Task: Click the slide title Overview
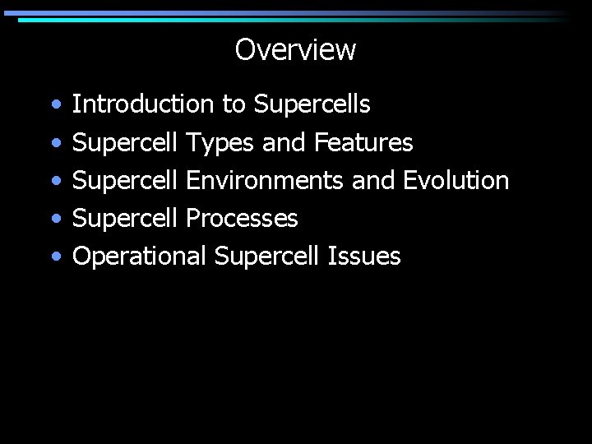(295, 50)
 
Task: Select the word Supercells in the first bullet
(312, 105)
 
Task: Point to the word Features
(363, 143)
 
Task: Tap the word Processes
(242, 218)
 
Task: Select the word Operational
(140, 257)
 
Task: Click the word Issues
(364, 256)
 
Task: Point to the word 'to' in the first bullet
(234, 105)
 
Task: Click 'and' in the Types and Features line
(284, 143)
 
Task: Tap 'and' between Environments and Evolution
(372, 180)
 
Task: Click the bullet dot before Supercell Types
(55, 144)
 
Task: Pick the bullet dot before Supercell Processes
(55, 220)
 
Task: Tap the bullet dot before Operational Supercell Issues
(55, 257)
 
